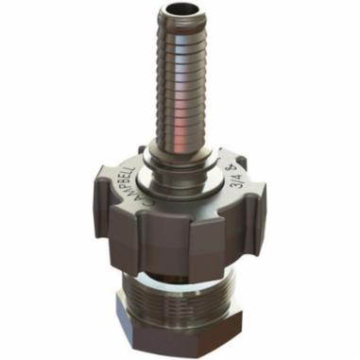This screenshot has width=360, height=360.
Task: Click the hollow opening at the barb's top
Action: coord(179,10)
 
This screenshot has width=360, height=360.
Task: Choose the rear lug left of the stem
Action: coord(143,151)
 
